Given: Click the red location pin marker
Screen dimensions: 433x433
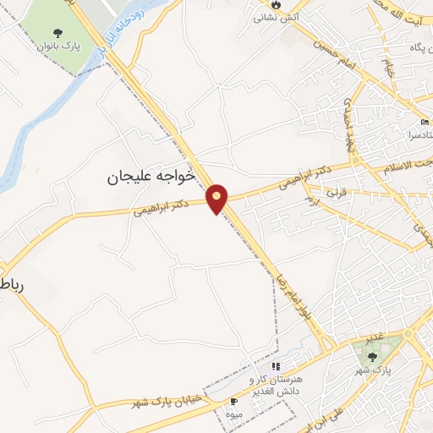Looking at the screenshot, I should pos(217,199).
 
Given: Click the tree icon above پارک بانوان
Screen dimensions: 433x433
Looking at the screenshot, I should pos(58,34).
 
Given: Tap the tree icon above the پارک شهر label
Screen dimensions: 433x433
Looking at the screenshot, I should pos(373,356).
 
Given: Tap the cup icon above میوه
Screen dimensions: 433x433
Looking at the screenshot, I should pos(234,400).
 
